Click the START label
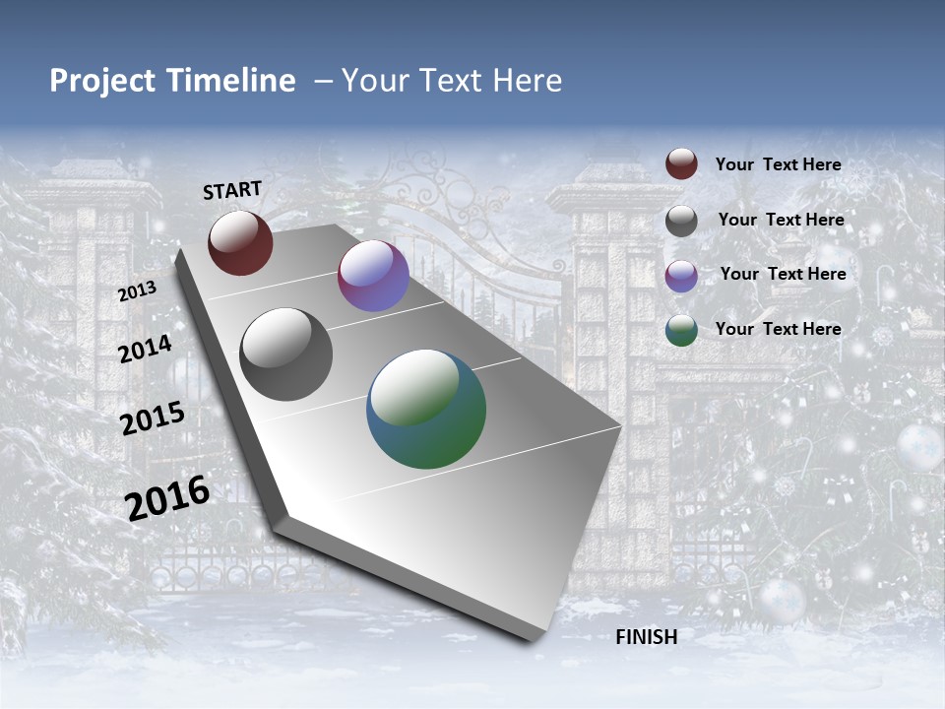pos(232,190)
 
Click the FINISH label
pos(647,637)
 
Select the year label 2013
pos(137,291)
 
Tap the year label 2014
pos(145,349)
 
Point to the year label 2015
pos(152,419)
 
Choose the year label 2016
pos(167,498)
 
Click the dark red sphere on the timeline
pos(240,242)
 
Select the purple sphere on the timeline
pos(373,276)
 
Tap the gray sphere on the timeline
pos(285,354)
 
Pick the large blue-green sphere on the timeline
pos(426,409)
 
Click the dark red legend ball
pos(681,164)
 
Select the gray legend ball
pos(681,221)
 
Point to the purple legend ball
pos(681,276)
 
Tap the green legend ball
pos(681,330)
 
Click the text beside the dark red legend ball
pos(778,164)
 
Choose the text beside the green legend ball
pos(778,329)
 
